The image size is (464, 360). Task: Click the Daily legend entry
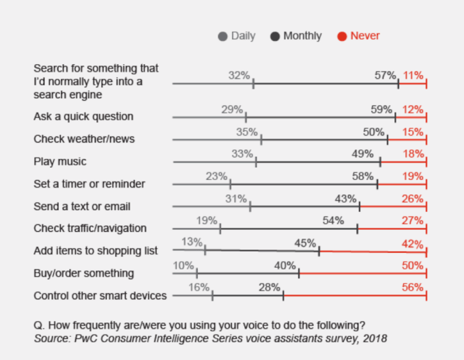(237, 35)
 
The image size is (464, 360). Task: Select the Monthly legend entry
(296, 35)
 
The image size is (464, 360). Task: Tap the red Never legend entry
(359, 35)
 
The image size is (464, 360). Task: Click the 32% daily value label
(239, 75)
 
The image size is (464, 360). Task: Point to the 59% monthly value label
(381, 109)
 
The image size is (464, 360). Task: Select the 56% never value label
(413, 287)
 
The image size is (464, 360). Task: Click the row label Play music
(60, 162)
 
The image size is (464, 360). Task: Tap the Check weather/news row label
(84, 139)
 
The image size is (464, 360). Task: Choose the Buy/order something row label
(83, 273)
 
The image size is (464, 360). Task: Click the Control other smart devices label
(100, 296)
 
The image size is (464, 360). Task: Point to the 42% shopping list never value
(413, 243)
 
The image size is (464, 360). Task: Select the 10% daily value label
(184, 265)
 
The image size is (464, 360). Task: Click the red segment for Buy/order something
(362, 273)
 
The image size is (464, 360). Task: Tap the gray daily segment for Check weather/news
(217, 140)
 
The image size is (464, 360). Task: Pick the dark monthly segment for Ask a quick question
(320, 117)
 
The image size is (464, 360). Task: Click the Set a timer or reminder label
(89, 184)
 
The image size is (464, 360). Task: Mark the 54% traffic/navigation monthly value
(334, 220)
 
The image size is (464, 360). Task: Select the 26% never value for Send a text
(413, 198)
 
